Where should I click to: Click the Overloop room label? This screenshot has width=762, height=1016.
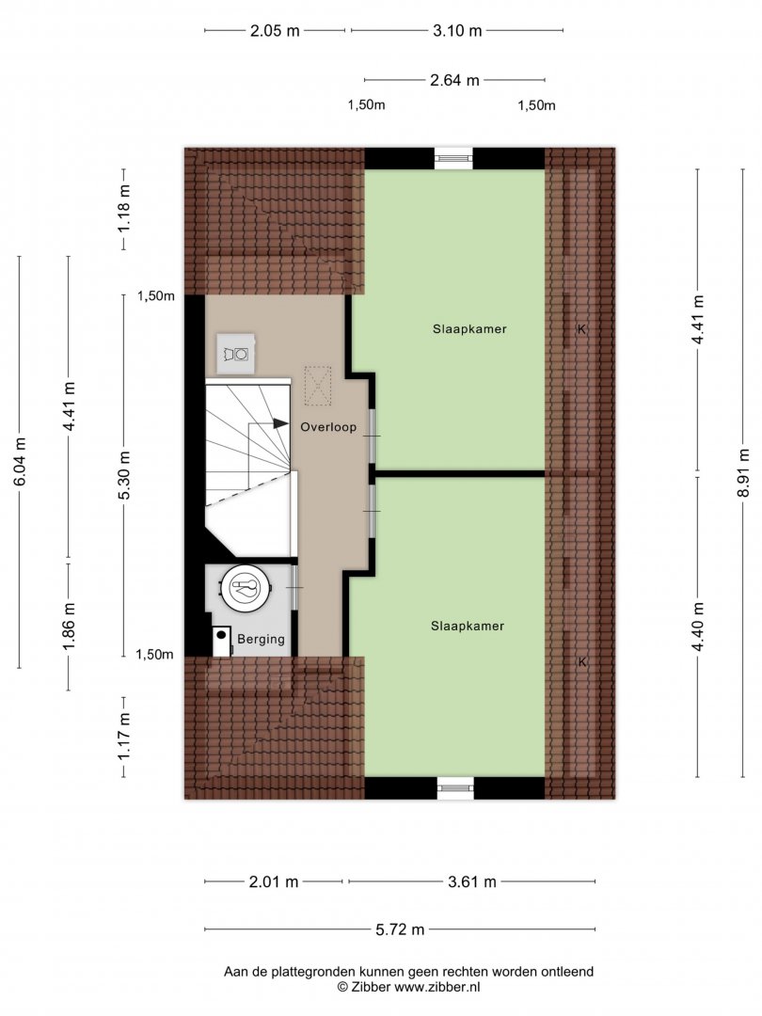point(328,427)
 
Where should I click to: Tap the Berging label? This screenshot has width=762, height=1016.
point(261,639)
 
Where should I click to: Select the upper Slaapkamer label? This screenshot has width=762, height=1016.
point(469,328)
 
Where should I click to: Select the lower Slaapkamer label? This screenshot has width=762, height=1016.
point(468,626)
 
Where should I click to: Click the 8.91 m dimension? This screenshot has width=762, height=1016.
point(743,472)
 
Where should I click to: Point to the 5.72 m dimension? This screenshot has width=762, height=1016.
point(400,929)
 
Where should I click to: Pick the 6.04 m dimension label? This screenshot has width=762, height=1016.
point(20,461)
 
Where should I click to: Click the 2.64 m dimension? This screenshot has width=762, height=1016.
point(454,80)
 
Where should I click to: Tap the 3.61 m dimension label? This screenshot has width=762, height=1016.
point(471,881)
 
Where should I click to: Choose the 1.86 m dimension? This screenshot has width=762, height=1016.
point(69,626)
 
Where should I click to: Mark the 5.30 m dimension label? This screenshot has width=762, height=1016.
point(124,475)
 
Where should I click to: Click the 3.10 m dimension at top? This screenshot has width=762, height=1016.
point(457,30)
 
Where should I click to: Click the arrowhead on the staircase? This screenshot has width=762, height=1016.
point(280,423)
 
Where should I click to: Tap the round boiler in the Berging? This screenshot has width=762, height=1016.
point(245,587)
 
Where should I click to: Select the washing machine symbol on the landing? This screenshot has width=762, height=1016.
point(236,354)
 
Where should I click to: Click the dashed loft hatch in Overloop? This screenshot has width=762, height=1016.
point(318,386)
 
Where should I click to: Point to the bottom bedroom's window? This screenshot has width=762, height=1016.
point(455,787)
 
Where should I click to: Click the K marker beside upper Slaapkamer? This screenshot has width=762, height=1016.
point(581,329)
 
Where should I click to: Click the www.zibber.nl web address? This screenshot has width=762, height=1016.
point(437,988)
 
